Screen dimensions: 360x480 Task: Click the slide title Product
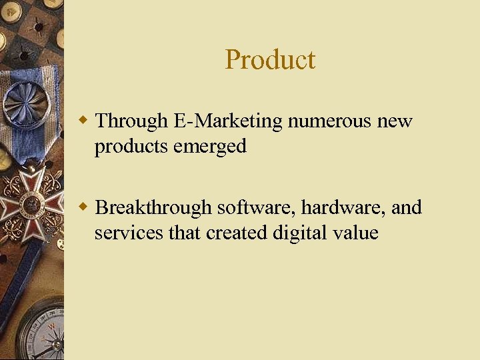pyautogui.click(x=270, y=60)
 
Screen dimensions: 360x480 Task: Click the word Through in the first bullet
pyautogui.click(x=131, y=121)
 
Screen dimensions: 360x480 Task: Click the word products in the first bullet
pyautogui.click(x=131, y=146)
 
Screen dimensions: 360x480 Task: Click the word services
pyautogui.click(x=124, y=233)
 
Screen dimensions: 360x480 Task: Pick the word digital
pyautogui.click(x=296, y=233)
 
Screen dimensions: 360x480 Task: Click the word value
pyautogui.click(x=354, y=233)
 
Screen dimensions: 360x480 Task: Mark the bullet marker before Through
pyautogui.click(x=83, y=121)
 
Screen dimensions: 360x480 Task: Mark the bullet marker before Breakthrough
pyautogui.click(x=83, y=208)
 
